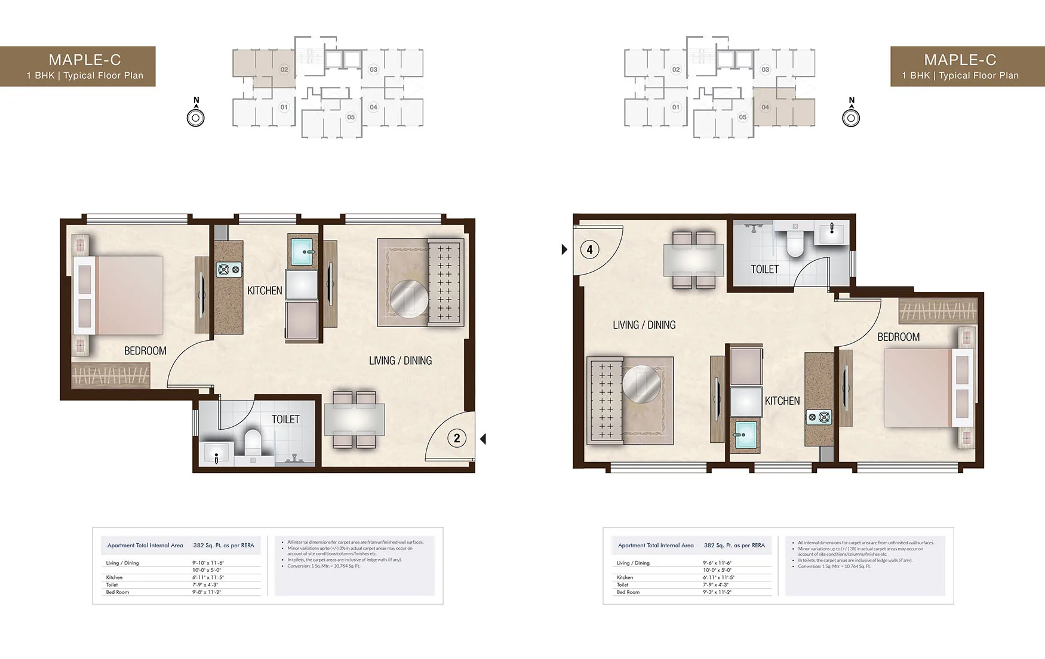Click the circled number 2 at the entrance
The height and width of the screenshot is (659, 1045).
click(x=457, y=439)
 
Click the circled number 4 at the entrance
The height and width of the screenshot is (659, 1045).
click(x=590, y=250)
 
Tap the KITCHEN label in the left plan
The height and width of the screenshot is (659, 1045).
click(x=265, y=291)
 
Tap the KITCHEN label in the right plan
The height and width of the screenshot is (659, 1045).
click(x=782, y=401)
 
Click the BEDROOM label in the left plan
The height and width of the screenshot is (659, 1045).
click(x=145, y=351)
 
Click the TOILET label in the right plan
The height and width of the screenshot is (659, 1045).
click(x=764, y=269)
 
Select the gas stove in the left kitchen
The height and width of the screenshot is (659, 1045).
click(x=229, y=270)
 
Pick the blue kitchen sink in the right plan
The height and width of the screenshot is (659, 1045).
click(x=745, y=434)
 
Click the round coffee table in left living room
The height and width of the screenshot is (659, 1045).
click(x=409, y=298)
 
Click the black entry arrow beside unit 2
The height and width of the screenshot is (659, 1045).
click(x=483, y=439)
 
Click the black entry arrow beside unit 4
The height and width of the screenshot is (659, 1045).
click(x=564, y=250)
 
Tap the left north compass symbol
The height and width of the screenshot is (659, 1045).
click(x=196, y=117)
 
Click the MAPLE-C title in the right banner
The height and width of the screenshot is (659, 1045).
click(x=960, y=60)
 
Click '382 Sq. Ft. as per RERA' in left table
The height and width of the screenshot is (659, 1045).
click(x=223, y=545)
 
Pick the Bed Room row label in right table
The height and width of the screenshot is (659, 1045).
click(x=628, y=592)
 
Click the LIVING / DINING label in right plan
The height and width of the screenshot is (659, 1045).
click(x=644, y=325)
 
